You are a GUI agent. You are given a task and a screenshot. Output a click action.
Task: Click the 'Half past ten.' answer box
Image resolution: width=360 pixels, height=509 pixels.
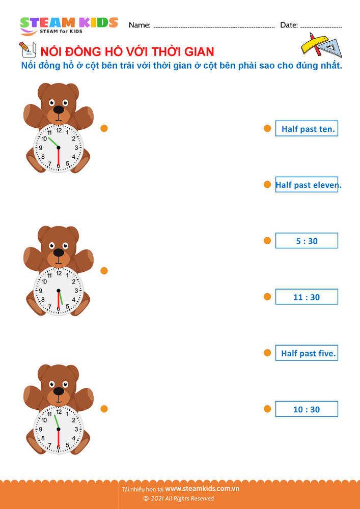click(307, 128)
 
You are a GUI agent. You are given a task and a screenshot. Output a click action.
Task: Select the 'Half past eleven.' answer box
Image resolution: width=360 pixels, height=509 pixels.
click(307, 184)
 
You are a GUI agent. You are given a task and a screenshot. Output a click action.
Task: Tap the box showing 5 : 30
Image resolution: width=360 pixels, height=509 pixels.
click(307, 241)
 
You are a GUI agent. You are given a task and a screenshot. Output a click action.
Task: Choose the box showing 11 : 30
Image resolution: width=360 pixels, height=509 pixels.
click(307, 297)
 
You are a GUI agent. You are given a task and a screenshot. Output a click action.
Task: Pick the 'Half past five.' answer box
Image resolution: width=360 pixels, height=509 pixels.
click(307, 353)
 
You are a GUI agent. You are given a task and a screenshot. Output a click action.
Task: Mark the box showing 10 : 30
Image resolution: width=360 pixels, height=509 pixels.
click(307, 409)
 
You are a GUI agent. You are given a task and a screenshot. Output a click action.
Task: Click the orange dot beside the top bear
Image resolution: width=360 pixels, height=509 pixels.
click(104, 129)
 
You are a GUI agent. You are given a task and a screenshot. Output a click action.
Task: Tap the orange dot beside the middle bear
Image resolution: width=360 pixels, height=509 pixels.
click(104, 271)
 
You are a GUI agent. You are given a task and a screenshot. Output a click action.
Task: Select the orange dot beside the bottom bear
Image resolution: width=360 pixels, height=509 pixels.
click(104, 409)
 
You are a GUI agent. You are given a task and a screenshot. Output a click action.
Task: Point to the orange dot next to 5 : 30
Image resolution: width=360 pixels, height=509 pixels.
click(267, 241)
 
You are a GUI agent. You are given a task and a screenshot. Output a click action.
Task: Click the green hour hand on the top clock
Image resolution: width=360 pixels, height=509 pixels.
click(53, 143)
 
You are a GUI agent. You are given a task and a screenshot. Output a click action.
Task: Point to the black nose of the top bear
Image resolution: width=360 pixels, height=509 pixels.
click(59, 109)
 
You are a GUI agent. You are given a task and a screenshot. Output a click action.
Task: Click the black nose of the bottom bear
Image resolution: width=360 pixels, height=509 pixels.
click(59, 391)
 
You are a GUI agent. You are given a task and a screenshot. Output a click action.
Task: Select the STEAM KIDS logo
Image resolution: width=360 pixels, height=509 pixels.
click(69, 25)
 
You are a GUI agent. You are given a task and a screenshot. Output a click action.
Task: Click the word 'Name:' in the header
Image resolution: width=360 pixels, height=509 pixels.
click(140, 25)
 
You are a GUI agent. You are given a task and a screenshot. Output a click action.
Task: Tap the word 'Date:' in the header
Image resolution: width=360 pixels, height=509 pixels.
click(289, 25)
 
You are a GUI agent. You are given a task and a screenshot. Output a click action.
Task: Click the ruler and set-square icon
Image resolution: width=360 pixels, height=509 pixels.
click(322, 45)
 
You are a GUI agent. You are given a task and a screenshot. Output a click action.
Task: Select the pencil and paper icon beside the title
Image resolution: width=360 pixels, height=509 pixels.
click(27, 50)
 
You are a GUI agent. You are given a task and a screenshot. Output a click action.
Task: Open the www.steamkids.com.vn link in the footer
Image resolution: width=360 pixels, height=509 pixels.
click(202, 489)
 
